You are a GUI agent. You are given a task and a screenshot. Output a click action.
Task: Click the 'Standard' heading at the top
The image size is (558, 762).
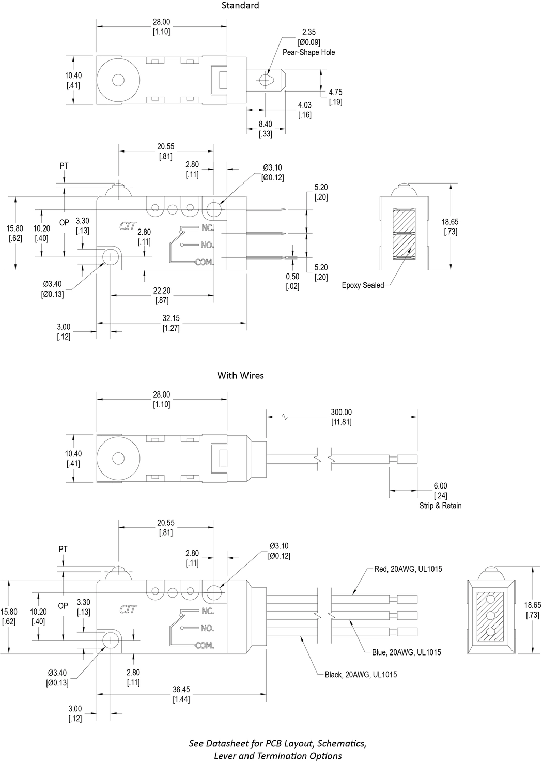240,6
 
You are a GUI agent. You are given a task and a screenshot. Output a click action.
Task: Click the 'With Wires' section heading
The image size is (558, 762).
240,375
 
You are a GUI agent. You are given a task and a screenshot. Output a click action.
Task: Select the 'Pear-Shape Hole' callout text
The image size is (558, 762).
308,52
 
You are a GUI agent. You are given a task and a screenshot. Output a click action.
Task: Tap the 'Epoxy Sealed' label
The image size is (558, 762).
363,285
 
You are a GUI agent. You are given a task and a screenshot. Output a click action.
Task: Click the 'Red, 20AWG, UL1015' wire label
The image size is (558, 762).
408,569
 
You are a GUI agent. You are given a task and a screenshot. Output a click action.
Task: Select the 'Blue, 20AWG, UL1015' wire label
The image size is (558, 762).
406,652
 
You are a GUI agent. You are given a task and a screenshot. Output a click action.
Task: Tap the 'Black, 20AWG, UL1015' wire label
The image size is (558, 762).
361,675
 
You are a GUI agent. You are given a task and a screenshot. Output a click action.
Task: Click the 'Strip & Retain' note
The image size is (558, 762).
440,506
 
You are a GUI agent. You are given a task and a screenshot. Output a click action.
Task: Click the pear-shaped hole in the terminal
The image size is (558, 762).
267,80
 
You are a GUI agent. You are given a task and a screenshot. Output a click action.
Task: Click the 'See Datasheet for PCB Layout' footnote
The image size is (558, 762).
277,750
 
